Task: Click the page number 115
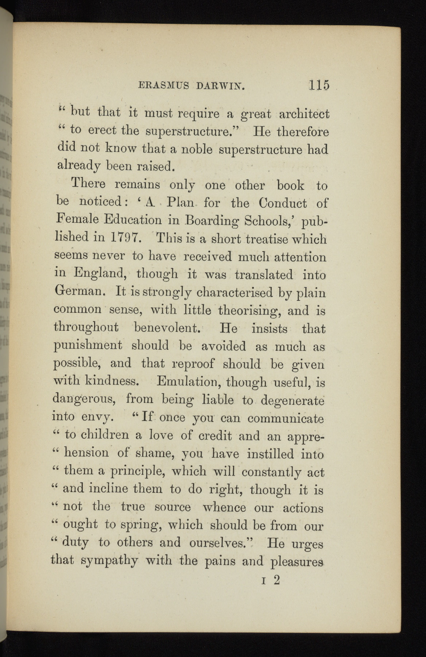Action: click(x=319, y=85)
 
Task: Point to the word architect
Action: click(x=304, y=114)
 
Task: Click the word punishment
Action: click(x=88, y=346)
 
